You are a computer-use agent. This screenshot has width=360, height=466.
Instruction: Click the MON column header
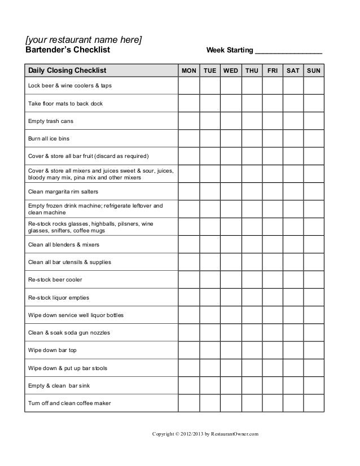click(188, 71)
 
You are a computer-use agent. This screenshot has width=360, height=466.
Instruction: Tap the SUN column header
click(314, 71)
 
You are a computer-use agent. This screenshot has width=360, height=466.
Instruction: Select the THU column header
click(252, 71)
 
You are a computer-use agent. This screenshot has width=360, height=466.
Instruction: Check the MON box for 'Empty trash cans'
click(188, 121)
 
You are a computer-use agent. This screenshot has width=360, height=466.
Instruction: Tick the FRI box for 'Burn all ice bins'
click(273, 138)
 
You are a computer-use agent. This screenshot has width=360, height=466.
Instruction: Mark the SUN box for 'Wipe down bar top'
click(314, 350)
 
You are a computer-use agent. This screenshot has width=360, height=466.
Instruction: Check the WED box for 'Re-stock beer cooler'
click(231, 279)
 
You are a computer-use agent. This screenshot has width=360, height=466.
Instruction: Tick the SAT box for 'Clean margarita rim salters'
click(293, 191)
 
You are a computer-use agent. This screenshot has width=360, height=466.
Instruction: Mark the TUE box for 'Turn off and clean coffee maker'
click(210, 403)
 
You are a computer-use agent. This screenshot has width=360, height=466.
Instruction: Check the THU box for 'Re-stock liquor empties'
click(252, 297)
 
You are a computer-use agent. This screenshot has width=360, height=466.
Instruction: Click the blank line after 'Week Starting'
click(288, 51)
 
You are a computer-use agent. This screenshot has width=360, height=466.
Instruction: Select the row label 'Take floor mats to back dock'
click(65, 104)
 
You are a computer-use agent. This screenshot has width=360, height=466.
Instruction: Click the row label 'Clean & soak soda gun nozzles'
click(69, 333)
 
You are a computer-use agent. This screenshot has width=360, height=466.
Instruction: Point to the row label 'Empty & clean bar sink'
click(59, 385)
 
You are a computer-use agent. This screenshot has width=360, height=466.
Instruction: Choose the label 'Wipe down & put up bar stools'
click(68, 368)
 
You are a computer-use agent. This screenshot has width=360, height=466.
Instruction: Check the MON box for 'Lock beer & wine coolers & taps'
click(188, 85)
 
